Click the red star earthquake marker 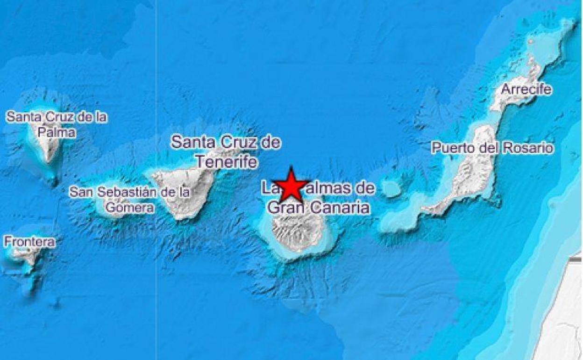(291, 186)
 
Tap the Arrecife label (526, 89)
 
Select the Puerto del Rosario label (492, 148)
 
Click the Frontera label (29, 242)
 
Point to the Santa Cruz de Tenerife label (226, 151)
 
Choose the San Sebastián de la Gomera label (130, 199)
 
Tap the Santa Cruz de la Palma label (57, 124)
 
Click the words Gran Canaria (319, 208)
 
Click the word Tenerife (227, 162)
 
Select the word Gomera (130, 208)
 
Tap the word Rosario (528, 148)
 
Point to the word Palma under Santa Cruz (57, 132)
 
